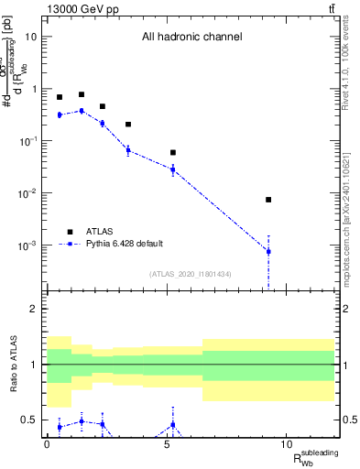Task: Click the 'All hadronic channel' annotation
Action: pos(191,37)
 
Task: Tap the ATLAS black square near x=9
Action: pos(268,200)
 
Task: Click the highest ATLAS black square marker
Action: pos(82,94)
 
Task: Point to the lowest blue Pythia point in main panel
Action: pos(268,251)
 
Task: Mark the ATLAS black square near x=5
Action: pos(172,152)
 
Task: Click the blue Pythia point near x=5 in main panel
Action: pos(172,169)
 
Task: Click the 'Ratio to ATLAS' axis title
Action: pos(13,365)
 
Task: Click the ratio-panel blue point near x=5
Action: pos(172,424)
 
